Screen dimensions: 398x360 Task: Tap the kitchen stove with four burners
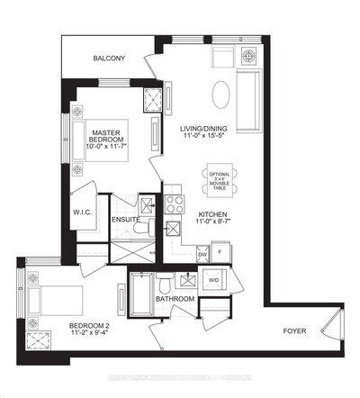click(172, 199)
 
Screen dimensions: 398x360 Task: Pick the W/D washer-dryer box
click(214, 279)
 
